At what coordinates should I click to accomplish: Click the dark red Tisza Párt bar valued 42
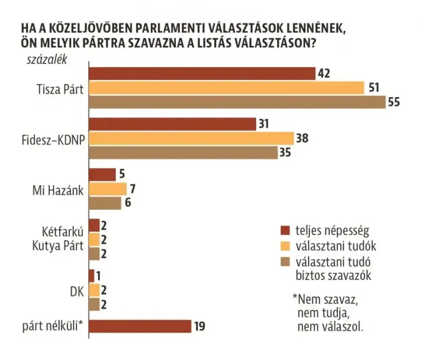click(x=201, y=73)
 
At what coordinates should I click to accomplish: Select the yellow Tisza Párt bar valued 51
click(x=226, y=88)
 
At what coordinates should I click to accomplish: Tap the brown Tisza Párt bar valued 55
click(x=237, y=102)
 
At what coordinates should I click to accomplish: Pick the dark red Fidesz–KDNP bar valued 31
click(x=172, y=124)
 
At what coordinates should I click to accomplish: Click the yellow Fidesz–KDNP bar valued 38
click(x=191, y=139)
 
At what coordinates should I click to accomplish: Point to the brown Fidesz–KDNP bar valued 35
click(x=182, y=153)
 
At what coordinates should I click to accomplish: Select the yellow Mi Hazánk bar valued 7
click(x=107, y=189)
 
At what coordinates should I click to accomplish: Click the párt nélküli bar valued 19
click(x=140, y=326)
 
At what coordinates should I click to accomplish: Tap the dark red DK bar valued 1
click(x=92, y=275)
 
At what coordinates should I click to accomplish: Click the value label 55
click(x=394, y=103)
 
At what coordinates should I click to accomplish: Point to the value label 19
click(x=200, y=326)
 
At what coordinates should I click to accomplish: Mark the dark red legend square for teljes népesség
click(x=284, y=231)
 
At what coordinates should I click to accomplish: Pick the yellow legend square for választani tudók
click(x=284, y=247)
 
